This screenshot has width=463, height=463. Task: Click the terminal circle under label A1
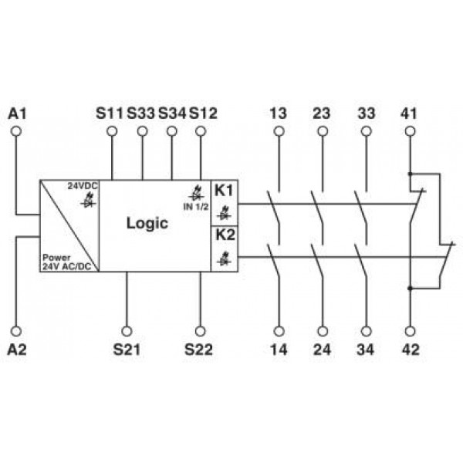click(x=16, y=131)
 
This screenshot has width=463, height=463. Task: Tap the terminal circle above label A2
click(x=16, y=331)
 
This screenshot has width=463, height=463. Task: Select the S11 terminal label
click(x=110, y=113)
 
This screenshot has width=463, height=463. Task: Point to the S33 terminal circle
click(x=142, y=131)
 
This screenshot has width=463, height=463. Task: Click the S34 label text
click(x=172, y=113)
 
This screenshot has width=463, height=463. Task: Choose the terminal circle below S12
click(x=201, y=131)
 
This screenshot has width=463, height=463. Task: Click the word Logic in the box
click(x=147, y=224)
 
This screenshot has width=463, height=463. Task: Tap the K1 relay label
click(x=224, y=191)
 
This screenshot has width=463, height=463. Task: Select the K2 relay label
click(x=225, y=235)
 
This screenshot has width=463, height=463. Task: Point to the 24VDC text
click(x=83, y=186)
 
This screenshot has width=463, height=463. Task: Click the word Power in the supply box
click(x=56, y=257)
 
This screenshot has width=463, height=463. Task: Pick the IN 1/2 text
click(x=196, y=207)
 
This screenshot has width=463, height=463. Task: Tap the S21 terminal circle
click(x=127, y=331)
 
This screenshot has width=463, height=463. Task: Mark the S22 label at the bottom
click(x=198, y=350)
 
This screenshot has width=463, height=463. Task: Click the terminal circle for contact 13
click(x=279, y=131)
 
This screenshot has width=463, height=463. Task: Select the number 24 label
click(x=322, y=350)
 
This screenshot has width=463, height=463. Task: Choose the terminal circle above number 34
click(x=366, y=331)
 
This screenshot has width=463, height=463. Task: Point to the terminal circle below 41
click(x=410, y=131)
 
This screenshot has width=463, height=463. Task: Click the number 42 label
click(x=411, y=350)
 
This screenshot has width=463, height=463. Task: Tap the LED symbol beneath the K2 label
click(x=224, y=259)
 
